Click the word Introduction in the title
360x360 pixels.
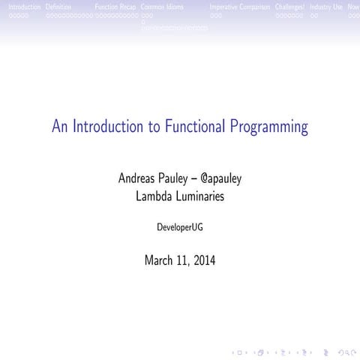click(106, 127)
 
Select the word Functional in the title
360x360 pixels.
click(194, 127)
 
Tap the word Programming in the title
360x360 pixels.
click(269, 127)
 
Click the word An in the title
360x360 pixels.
click(60, 127)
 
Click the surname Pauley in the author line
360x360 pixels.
click(183, 179)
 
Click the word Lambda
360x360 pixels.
click(153, 197)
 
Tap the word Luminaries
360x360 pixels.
click(199, 197)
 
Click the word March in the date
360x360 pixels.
click(160, 260)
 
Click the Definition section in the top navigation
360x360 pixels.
click(58, 7)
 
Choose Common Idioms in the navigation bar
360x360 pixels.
click(162, 7)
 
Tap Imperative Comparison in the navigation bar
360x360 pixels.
click(239, 7)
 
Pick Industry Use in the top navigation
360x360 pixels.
click(326, 7)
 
